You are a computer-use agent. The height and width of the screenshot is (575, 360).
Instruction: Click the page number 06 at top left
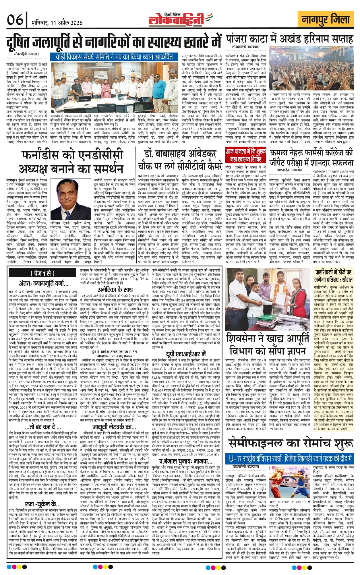click(15, 20)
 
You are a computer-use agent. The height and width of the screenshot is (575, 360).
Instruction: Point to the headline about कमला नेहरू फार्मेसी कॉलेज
click(311, 157)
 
